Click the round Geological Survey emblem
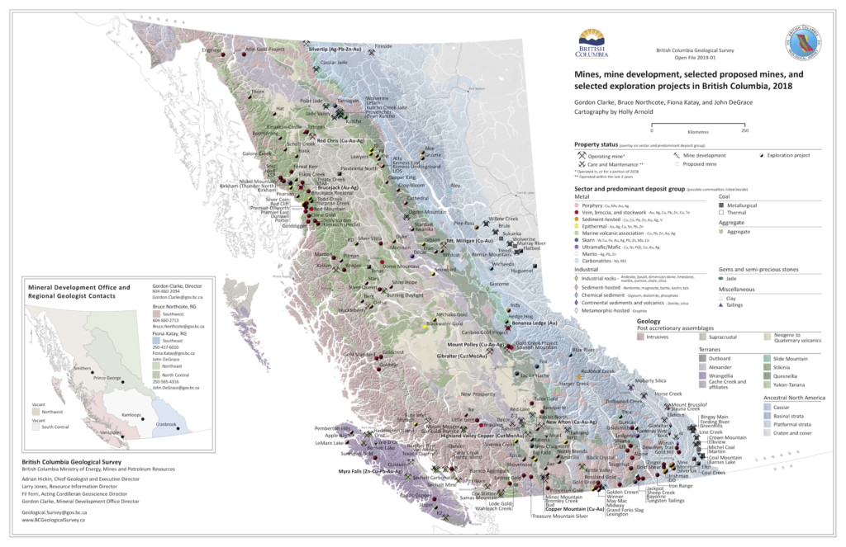coord(806,44)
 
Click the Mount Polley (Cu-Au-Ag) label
coord(475,343)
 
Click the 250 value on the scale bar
coord(744,130)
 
